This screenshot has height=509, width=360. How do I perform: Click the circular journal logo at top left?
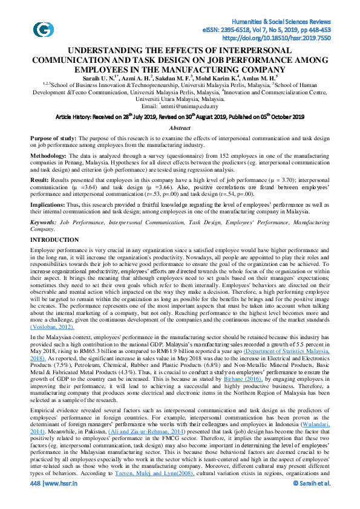[43, 28]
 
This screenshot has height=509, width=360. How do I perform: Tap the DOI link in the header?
[283, 37]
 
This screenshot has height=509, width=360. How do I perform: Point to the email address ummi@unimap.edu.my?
[184, 106]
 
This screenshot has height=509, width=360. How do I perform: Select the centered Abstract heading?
[180, 128]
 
